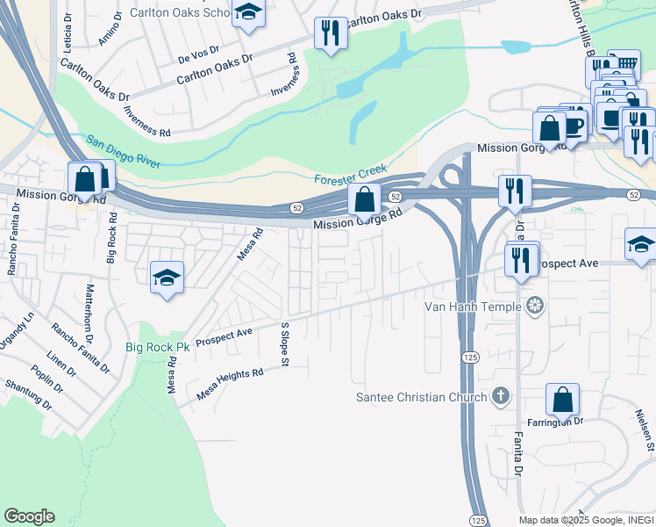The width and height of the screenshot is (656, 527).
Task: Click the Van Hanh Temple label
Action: click(474, 307)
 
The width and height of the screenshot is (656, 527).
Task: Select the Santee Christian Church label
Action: click(421, 397)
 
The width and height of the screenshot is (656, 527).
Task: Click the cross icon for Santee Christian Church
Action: click(500, 396)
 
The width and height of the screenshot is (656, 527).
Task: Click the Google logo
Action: click(29, 516)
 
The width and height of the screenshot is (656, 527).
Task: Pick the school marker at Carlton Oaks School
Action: click(248, 13)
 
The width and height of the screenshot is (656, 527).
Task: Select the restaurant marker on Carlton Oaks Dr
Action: click(329, 33)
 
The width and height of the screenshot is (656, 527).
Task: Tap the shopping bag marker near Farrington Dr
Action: click(562, 400)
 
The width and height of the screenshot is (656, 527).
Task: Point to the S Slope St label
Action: click(284, 341)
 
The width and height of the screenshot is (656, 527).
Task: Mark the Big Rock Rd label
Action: click(111, 236)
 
